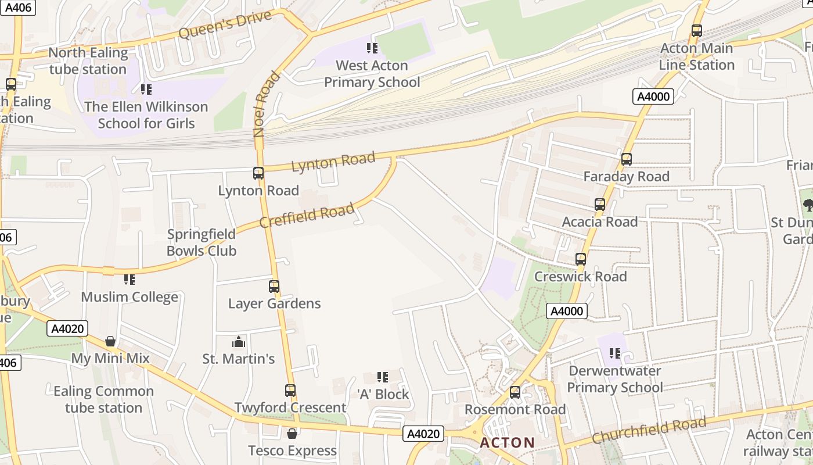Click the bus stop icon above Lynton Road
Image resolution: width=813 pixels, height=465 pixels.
point(258,173)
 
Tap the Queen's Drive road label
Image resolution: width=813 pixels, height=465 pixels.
point(225,25)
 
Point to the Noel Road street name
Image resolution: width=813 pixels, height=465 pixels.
point(267,104)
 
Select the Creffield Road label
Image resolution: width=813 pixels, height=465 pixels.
point(307,216)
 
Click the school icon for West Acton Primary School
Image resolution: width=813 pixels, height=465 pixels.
point(372,48)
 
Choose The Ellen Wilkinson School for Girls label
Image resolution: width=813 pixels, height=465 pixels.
point(146,115)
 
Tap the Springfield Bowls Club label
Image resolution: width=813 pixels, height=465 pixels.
point(202,242)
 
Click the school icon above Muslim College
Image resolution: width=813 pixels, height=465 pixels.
point(129,280)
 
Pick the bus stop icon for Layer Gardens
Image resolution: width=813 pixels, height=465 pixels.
point(274,287)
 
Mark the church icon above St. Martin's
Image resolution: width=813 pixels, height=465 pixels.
point(239,342)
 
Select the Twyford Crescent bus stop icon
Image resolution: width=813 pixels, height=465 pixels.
point(290,391)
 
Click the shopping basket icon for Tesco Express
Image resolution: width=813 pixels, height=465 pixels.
point(292,434)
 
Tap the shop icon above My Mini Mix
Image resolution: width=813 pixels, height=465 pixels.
point(110,341)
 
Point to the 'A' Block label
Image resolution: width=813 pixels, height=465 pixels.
point(383,394)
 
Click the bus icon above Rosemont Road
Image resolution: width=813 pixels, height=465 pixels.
point(515,392)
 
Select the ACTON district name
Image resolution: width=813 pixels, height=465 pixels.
point(507,443)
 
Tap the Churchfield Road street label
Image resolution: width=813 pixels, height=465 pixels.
point(649,431)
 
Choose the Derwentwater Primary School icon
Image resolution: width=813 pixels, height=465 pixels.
point(615,353)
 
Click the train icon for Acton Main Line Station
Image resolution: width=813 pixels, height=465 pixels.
point(697,31)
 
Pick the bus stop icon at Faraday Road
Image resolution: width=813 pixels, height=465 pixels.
point(627,159)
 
